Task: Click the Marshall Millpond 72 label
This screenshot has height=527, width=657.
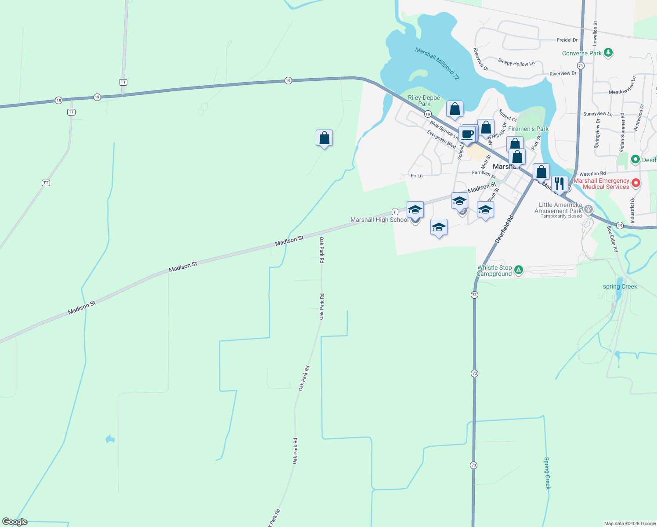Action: (437, 64)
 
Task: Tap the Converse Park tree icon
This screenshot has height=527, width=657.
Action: (608, 53)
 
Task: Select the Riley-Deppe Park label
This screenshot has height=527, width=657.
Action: (424, 101)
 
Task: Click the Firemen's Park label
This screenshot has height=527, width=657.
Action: (528, 129)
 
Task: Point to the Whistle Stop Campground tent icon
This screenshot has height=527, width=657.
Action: (519, 270)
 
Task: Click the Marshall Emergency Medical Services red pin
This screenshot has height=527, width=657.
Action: (635, 183)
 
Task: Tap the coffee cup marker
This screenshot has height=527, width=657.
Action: (467, 134)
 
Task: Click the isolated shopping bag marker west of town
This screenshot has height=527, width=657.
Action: (324, 138)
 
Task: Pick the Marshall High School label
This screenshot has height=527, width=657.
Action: (379, 220)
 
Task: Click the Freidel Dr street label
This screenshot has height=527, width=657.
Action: (567, 40)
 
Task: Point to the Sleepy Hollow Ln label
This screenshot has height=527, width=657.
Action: (516, 63)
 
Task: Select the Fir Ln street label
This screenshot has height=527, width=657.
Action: (416, 176)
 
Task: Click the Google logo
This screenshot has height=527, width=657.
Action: (14, 522)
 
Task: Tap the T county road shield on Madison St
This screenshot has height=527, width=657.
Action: (395, 212)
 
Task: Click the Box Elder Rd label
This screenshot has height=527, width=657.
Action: (612, 239)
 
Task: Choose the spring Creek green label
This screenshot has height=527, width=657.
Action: (620, 286)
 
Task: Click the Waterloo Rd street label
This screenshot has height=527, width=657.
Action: (592, 174)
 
